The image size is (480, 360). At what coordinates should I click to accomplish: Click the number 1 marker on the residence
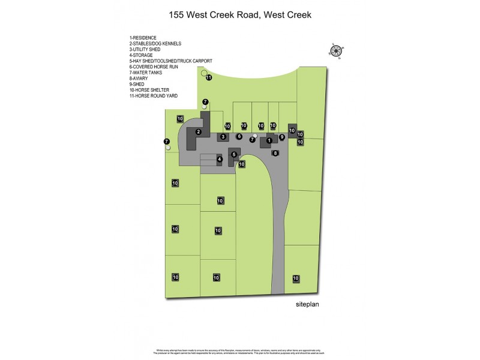click(x=269, y=140)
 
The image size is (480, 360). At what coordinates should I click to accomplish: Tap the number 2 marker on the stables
click(x=198, y=131)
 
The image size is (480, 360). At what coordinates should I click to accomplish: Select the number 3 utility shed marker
click(x=223, y=137)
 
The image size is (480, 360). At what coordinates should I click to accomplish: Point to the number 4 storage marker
click(x=220, y=159)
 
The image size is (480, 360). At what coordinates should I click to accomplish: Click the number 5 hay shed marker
click(x=234, y=154)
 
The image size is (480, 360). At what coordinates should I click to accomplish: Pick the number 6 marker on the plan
click(x=239, y=136)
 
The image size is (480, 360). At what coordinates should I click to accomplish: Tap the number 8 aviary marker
click(x=275, y=153)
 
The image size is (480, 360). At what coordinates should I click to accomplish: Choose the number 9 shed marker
click(x=281, y=137)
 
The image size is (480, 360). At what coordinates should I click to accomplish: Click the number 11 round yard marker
click(x=209, y=77)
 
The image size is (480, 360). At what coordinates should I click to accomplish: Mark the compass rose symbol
click(x=337, y=50)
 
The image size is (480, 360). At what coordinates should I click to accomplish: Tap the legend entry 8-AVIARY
click(x=139, y=79)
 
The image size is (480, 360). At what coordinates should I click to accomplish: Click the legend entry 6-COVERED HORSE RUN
click(x=154, y=67)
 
